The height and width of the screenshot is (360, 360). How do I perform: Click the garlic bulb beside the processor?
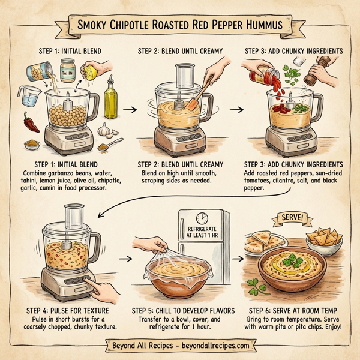[104, 129]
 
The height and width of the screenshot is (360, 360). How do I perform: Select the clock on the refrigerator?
[201, 218]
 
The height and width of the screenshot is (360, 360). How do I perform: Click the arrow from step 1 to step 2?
[127, 110]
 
